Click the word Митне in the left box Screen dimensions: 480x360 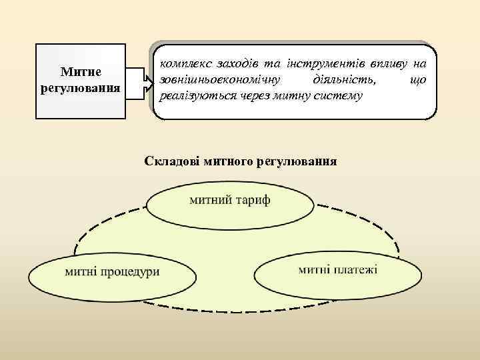click(80, 71)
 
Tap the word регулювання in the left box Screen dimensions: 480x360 click(80, 87)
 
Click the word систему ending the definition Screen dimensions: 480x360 click(337, 96)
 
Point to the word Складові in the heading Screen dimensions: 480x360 click(170, 161)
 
